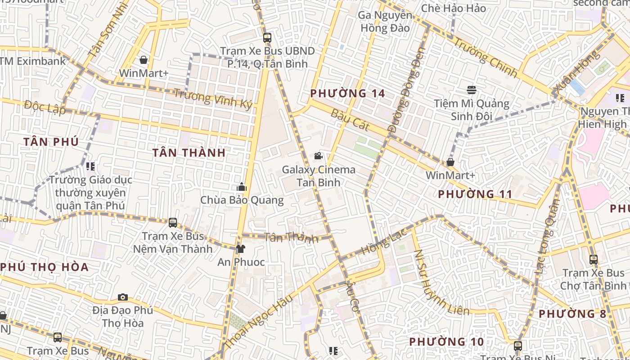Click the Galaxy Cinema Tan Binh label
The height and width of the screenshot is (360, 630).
[319, 176]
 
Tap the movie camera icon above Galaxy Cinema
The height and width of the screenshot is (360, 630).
[319, 156]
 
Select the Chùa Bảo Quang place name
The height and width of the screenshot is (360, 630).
[242, 200]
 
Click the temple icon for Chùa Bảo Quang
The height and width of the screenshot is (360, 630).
[242, 187]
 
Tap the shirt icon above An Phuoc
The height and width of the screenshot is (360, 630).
[241, 248]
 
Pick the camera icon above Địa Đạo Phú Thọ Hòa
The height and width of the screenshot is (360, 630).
[122, 297]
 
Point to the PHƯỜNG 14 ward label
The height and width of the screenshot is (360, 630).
[348, 94]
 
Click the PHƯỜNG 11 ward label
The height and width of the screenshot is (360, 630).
[475, 194]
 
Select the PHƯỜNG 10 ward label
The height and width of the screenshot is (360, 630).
[446, 342]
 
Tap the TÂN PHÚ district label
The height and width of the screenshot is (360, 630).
[51, 142]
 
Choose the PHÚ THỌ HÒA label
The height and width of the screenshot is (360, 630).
[45, 267]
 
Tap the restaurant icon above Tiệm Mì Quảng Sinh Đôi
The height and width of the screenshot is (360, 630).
[472, 90]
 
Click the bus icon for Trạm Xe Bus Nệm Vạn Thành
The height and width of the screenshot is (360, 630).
[173, 222]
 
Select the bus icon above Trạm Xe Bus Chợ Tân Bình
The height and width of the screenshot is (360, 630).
[594, 259]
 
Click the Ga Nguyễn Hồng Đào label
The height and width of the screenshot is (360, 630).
[384, 22]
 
